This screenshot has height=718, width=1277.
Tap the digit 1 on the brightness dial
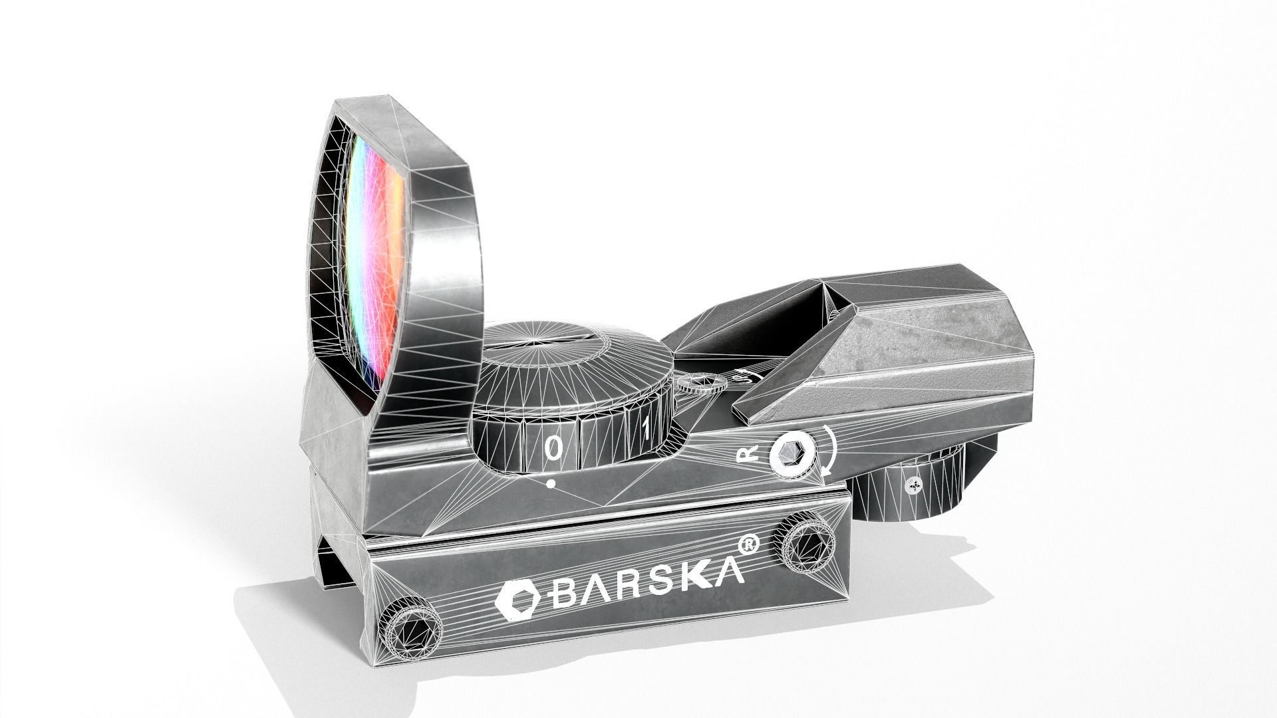[x=645, y=429]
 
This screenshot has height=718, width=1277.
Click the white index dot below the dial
[x=551, y=485]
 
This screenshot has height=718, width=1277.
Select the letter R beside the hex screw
[x=748, y=455]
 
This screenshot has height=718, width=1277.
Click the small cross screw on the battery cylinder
[x=915, y=485]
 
